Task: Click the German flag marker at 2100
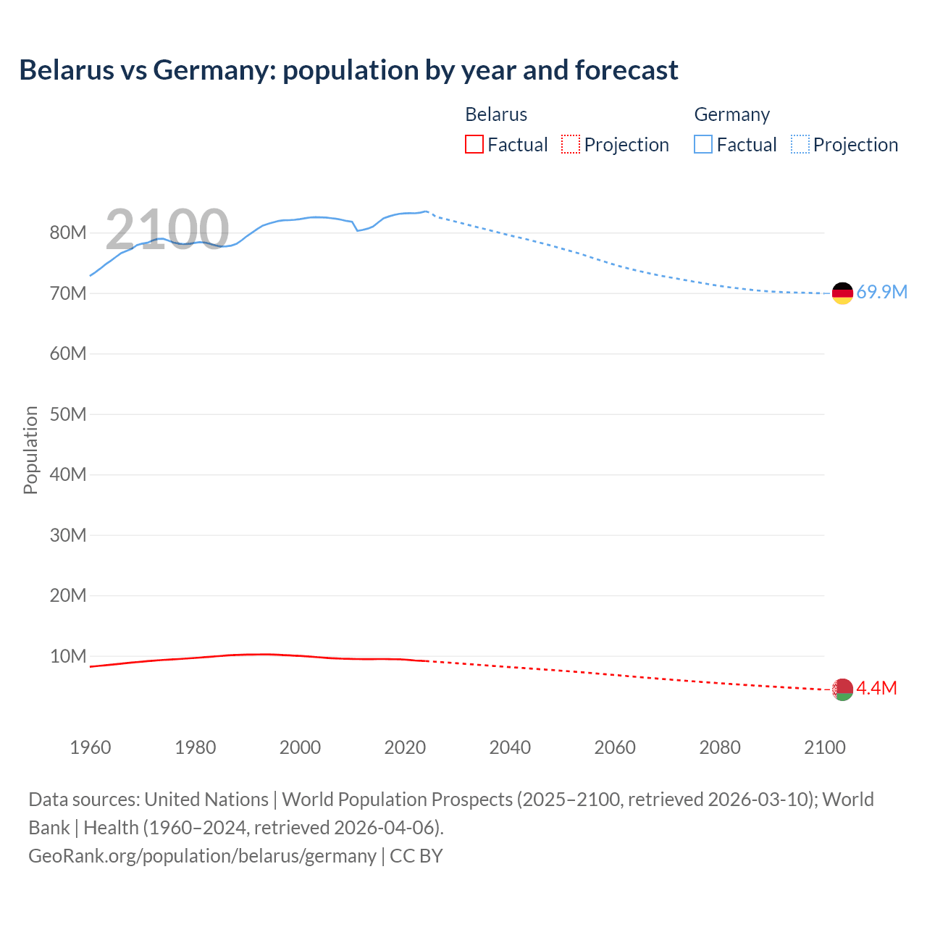842,293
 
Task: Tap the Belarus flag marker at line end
842,689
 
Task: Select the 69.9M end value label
881,292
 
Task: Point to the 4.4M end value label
876,688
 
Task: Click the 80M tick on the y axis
68,232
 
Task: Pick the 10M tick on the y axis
68,656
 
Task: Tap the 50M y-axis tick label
68,414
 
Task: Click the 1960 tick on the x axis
91,747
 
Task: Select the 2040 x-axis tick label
510,747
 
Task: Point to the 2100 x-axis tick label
824,747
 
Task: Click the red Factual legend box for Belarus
474,144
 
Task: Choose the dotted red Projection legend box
571,144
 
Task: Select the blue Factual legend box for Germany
702,144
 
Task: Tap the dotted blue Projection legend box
800,144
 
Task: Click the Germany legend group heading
731,114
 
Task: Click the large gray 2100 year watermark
167,230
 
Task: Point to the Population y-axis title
30,450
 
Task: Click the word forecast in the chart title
626,70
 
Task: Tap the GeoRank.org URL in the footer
202,855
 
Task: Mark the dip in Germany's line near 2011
357,230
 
